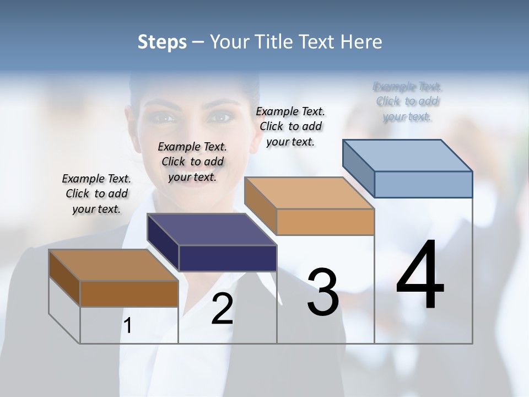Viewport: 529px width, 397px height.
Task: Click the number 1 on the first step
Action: [128, 326]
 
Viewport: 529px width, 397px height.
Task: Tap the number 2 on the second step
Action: [222, 309]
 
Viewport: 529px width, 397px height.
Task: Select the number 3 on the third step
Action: [322, 292]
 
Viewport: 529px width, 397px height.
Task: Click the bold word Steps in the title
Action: [162, 42]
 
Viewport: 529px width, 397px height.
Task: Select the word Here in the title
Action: [363, 42]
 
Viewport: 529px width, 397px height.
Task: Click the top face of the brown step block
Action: [114, 265]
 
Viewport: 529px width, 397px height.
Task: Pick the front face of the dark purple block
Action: [228, 258]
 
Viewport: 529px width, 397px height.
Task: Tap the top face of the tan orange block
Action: [309, 193]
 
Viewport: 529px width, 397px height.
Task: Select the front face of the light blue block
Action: [423, 184]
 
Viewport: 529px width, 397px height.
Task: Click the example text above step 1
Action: [96, 194]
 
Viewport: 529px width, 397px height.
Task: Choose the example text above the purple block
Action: [192, 162]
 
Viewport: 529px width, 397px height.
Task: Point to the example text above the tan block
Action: [290, 126]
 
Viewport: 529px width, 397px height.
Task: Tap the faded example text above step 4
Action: [407, 101]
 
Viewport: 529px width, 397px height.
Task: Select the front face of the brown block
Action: [129, 293]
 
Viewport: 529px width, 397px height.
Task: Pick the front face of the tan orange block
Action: [325, 222]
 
